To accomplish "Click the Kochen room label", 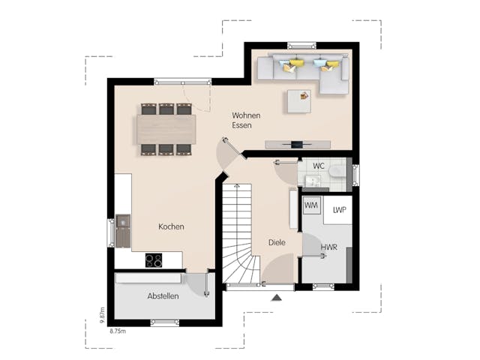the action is pos(171,226).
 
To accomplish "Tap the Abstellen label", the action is pos(163,296).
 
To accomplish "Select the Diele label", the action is pos(277,242).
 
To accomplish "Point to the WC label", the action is pos(319,166).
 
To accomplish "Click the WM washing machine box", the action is pos(311,205).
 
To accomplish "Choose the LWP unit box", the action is pos(337,210).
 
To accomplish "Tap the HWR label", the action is pos(329,247).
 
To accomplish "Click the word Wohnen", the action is pos(246,115).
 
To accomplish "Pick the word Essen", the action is pos(241,125).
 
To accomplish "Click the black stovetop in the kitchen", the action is pos(154,260).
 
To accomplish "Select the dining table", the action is pos(166,129).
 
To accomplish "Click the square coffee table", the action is pos(299,101).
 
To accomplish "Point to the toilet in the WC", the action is pos(337,172).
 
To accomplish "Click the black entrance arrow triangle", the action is pos(276,298).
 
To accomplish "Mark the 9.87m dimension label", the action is pos(103,315).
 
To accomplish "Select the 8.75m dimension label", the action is pos(118,331).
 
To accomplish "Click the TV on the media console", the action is pos(297,144).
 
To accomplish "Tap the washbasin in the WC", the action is pos(313,180).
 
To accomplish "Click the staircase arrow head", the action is pos(237,185).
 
